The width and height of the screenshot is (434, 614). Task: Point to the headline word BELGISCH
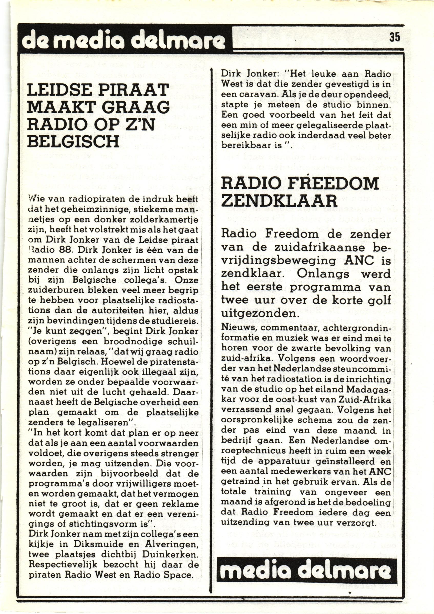[73, 141]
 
